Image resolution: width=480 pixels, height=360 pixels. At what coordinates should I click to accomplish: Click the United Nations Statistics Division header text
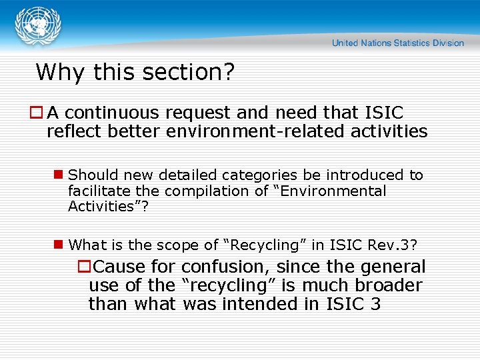[x=397, y=43]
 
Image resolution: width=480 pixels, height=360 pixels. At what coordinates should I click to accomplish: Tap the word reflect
[x=73, y=131]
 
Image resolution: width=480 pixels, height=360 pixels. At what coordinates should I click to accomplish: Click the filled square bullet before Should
[x=59, y=175]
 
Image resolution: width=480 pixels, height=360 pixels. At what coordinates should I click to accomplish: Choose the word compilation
[x=203, y=191]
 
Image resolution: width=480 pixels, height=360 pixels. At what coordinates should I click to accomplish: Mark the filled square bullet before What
[x=59, y=245]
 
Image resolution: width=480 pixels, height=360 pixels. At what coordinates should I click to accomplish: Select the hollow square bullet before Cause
[x=85, y=267]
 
